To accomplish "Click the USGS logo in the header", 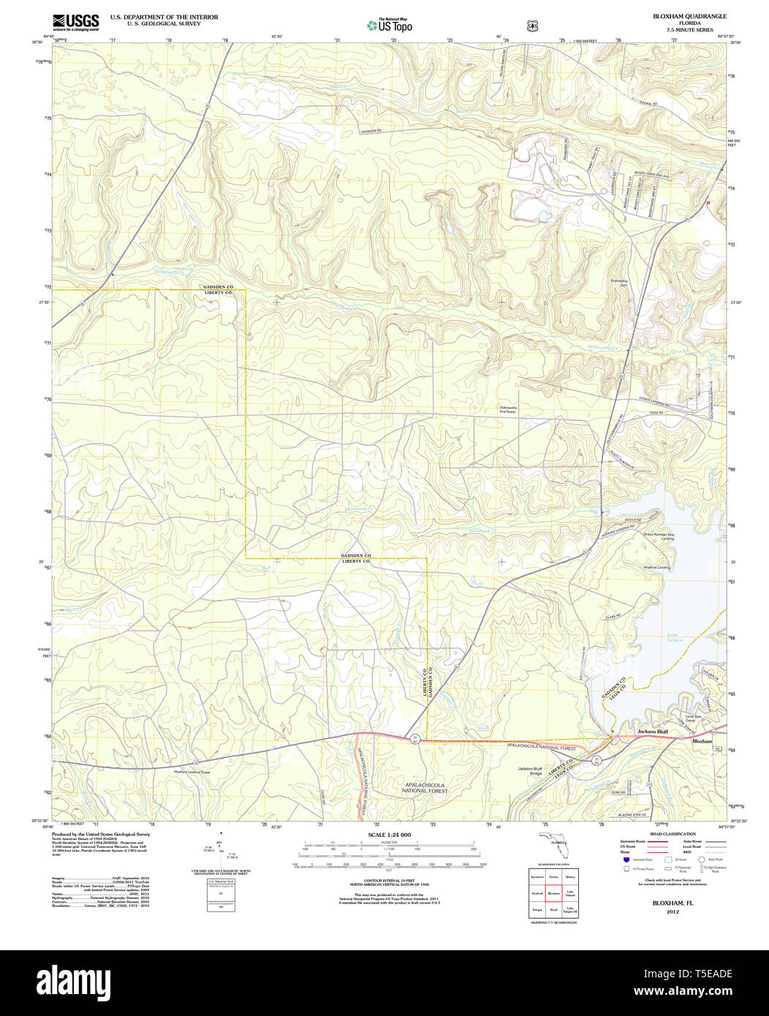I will [x=76, y=21].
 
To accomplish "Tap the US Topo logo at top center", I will [x=390, y=25].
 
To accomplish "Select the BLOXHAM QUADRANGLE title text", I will [x=679, y=15].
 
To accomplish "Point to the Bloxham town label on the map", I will [x=702, y=741].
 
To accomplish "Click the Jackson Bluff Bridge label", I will [x=530, y=770].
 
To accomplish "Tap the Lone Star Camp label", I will [x=694, y=719].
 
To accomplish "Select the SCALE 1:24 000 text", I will [x=390, y=835].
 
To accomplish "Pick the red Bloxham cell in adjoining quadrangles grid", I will [x=553, y=892].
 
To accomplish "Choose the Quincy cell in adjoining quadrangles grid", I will [x=571, y=876].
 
